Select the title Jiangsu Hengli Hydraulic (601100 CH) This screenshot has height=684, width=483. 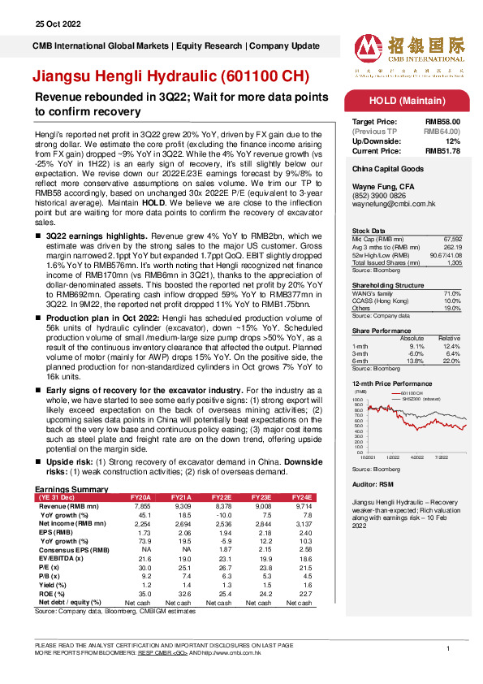[170, 77]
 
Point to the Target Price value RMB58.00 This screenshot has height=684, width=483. [443, 120]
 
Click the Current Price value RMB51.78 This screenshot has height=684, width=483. [443, 150]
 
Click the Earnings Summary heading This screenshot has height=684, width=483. [71, 488]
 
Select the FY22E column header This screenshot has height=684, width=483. [221, 496]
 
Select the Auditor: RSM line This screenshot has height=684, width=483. [373, 484]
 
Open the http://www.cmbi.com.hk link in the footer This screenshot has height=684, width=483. [235, 652]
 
